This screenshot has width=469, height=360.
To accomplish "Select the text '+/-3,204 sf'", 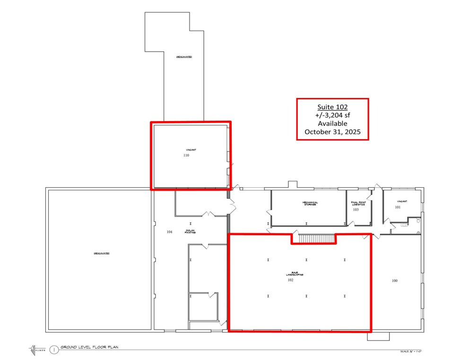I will click(x=332, y=115).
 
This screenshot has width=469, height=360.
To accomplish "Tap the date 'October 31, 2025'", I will click(x=332, y=132).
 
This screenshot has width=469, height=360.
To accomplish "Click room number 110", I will click(x=186, y=155).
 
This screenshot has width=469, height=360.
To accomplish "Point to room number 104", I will click(x=169, y=232).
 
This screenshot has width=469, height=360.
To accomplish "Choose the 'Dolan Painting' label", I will click(x=191, y=231).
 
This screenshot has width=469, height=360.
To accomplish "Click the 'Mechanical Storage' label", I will click(x=310, y=203).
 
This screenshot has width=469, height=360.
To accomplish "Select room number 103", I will click(x=356, y=209).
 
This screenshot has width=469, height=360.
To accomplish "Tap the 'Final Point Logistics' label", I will click(x=358, y=203).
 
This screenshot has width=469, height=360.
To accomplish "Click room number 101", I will click(x=398, y=207).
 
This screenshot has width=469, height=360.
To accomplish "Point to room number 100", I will click(x=394, y=281).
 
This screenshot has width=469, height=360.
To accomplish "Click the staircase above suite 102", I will click(x=313, y=238).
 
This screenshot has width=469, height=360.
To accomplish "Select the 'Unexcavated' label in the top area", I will click(x=184, y=56).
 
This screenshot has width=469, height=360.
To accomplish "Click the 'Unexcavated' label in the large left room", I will click(x=102, y=254).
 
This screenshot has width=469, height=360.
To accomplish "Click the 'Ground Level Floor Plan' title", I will click(x=89, y=347).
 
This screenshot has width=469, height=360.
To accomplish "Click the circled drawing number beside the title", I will click(x=54, y=350).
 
